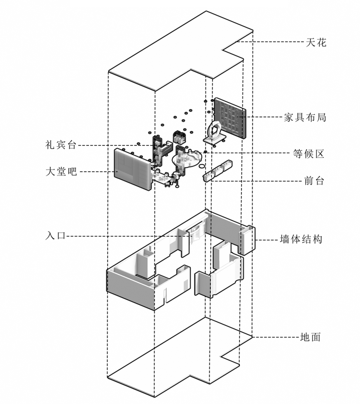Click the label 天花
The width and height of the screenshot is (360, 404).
pos(316,42)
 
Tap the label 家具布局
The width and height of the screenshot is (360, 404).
pos(305,117)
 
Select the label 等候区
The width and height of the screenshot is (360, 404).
pos(308,154)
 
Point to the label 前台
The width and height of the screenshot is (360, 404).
pos(314,181)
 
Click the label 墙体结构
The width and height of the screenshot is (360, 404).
pos(301,239)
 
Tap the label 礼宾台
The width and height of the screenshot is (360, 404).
pos(61,145)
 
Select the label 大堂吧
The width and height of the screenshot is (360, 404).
pos(61,172)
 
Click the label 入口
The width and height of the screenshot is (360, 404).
pos(55,236)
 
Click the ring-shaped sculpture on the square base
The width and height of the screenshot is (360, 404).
pos(214,130)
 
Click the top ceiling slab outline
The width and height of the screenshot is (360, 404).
pos(180,50)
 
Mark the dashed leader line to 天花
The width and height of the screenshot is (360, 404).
pos(270,42)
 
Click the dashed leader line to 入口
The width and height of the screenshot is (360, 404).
pos(127,236)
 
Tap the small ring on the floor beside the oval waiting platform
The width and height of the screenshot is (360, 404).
pos(202,166)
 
